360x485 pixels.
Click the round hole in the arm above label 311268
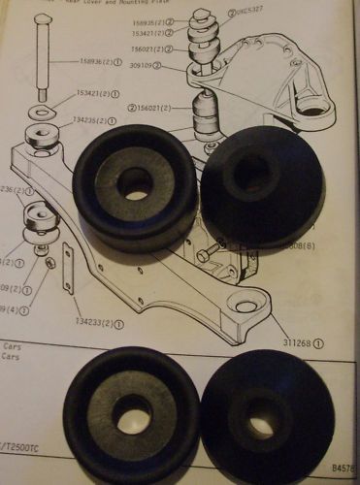coord(247,306)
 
